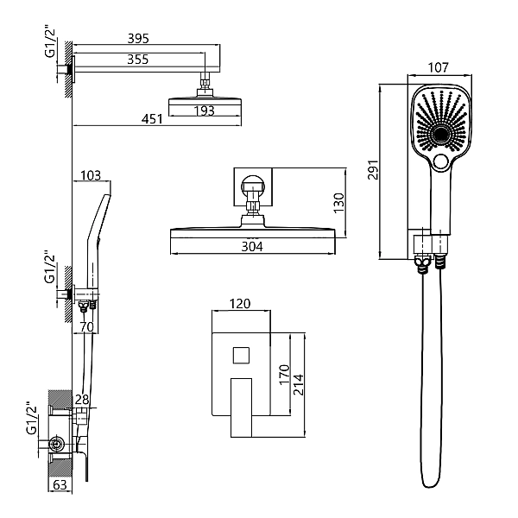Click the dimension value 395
point(138,39)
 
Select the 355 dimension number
point(138,60)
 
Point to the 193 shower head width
point(205,111)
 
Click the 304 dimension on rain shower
point(251,247)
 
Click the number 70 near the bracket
point(85,326)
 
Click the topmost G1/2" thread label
point(49,42)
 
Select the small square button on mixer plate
point(240,355)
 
